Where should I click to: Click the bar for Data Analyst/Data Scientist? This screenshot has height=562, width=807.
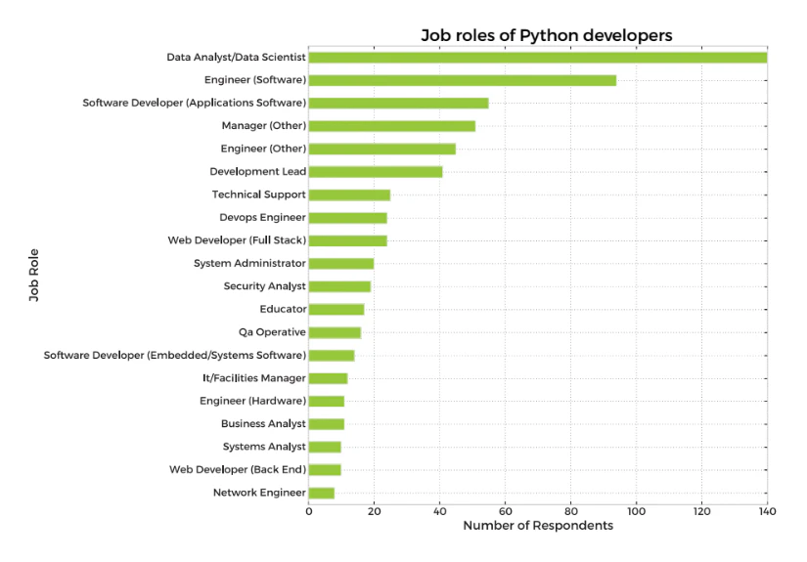[537, 57]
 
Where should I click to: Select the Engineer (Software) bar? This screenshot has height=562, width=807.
[462, 80]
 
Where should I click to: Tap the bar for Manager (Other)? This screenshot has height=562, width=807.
[391, 126]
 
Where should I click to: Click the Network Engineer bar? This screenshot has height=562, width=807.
[322, 493]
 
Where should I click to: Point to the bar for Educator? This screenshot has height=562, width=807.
[336, 310]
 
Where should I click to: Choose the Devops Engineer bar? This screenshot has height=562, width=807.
[347, 218]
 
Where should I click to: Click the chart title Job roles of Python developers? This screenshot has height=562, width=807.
[547, 35]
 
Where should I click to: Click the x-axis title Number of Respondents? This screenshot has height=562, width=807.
[538, 526]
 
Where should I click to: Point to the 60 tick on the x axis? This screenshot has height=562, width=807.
[505, 510]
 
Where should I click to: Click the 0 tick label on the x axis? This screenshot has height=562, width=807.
[309, 510]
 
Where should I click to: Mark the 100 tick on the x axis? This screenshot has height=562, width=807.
[636, 510]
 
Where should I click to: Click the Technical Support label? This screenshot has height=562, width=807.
[259, 195]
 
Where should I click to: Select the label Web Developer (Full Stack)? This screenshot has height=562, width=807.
[238, 240]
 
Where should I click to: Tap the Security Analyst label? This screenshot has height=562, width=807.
[264, 286]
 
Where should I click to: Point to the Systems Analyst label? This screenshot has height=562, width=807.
[264, 447]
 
